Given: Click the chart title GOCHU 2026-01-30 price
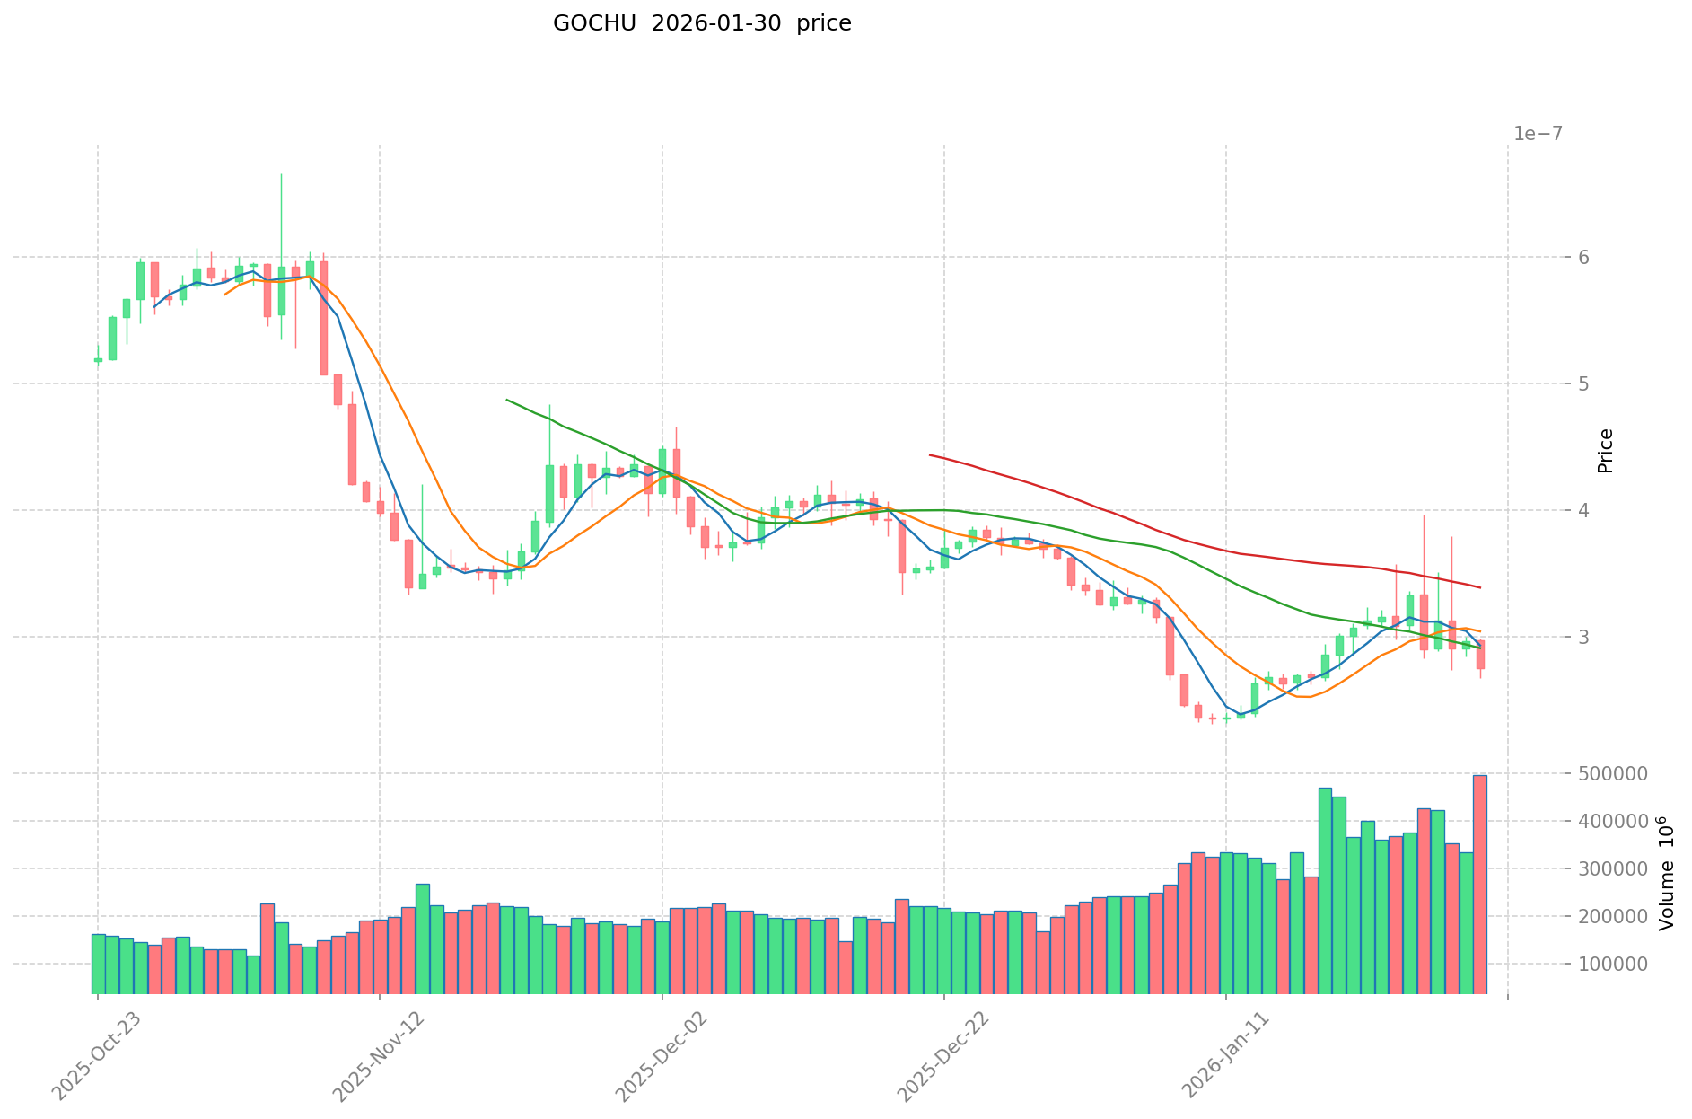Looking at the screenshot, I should click(702, 24).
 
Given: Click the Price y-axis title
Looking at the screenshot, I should click(1606, 451).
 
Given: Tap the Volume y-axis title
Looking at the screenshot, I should click(1666, 873).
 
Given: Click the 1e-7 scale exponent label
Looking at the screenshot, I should click(1538, 134).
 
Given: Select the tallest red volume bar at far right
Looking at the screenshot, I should click(1479, 885).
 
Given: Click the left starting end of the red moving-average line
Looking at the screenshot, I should click(930, 455).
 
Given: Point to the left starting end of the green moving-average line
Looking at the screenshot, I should click(507, 400).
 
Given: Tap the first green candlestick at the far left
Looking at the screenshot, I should click(98, 360).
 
